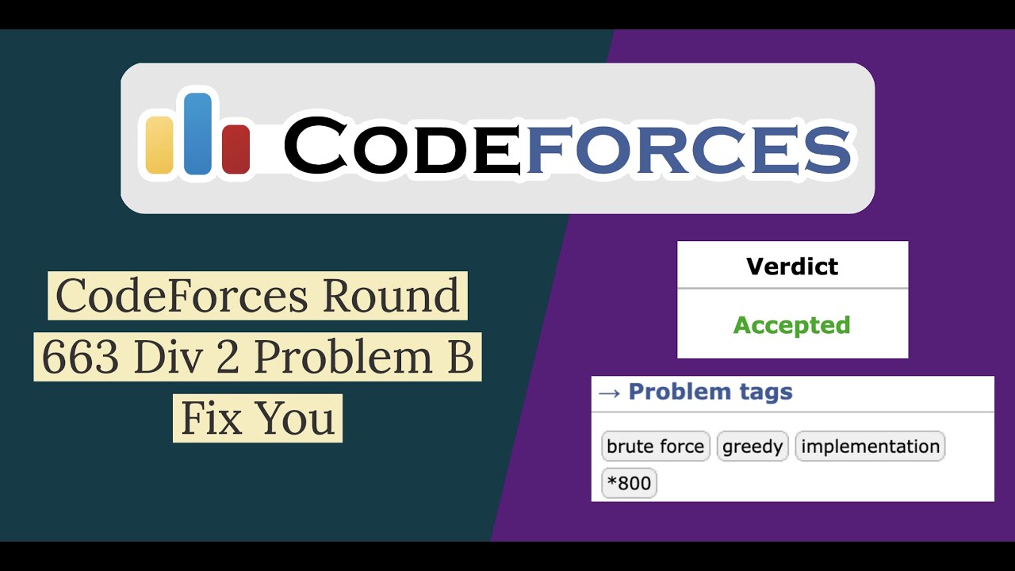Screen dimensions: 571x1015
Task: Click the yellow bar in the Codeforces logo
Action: coord(159,144)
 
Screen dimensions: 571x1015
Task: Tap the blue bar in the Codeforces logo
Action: coord(198,133)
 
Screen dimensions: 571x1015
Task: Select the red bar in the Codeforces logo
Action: coord(236,149)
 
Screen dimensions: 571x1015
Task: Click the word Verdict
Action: coord(792,266)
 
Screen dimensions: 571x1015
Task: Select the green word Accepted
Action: coord(791,325)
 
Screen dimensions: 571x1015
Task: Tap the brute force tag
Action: coord(655,446)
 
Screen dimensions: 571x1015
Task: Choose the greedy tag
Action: coord(753,446)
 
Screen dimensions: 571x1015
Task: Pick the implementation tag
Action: coord(870,446)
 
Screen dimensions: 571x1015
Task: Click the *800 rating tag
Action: coord(629,483)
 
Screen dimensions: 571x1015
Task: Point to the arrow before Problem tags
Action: coord(609,393)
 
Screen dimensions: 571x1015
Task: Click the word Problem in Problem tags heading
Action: coord(668,392)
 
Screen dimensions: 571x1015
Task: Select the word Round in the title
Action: coord(391,296)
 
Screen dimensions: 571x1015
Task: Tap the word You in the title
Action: coord(296,418)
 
